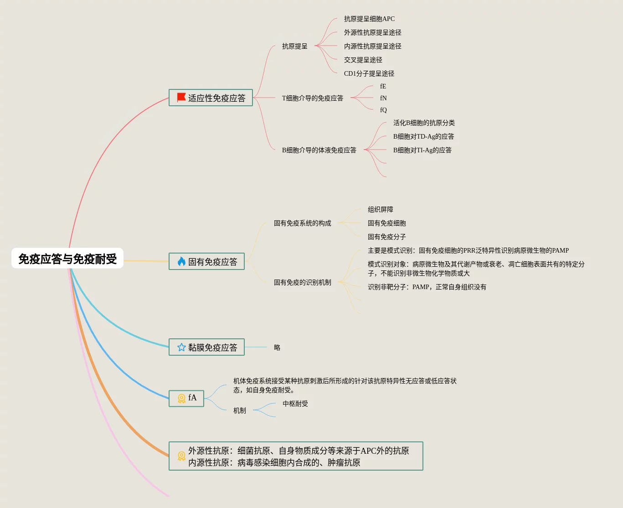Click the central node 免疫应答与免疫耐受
[x=67, y=259]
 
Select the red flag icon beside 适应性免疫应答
[x=181, y=97]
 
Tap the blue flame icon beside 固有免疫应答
[x=181, y=261]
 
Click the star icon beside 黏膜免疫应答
[x=181, y=347]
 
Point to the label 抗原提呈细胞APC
[x=369, y=19]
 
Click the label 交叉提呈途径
[x=363, y=60]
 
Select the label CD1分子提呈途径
[x=369, y=73]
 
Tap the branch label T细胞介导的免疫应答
[x=312, y=98]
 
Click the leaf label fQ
[x=383, y=110]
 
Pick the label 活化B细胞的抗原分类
[x=424, y=123]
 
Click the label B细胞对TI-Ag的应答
[x=422, y=150]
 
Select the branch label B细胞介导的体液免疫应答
[x=319, y=150]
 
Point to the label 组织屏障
[x=380, y=209]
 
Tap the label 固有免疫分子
[x=386, y=237]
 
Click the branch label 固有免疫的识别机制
[x=302, y=282]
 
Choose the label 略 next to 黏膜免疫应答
[x=277, y=347]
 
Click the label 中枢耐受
[x=295, y=404]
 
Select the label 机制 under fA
[x=239, y=410]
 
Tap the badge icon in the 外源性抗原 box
[x=181, y=456]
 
